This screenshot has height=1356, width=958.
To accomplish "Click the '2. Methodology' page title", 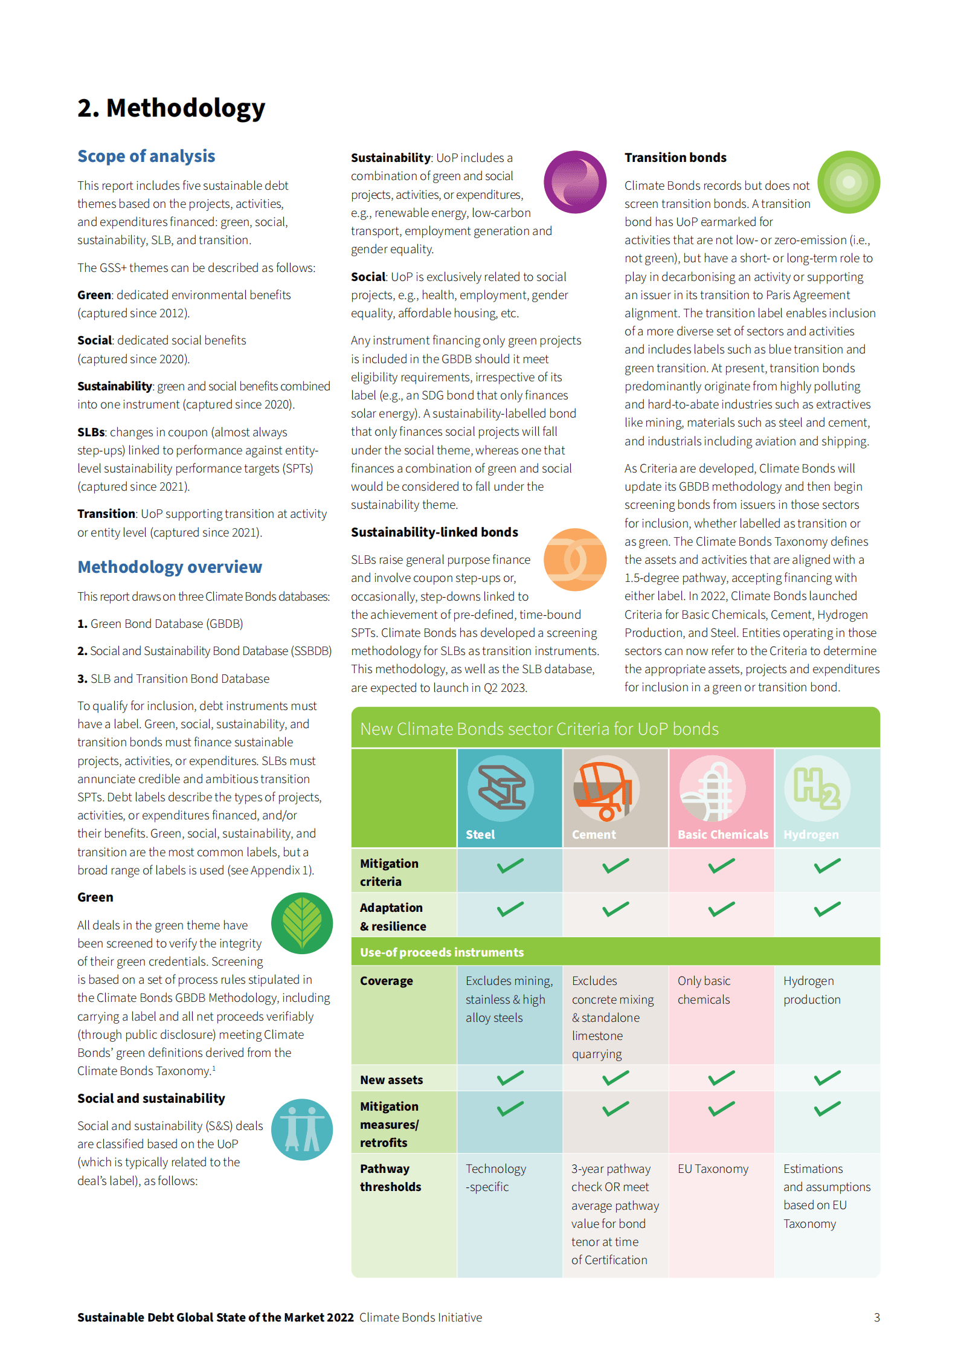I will click(x=171, y=108).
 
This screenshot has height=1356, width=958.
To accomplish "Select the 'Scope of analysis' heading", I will click(x=146, y=156).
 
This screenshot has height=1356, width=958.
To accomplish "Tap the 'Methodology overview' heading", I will click(x=170, y=567).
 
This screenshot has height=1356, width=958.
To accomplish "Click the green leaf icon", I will click(x=302, y=923).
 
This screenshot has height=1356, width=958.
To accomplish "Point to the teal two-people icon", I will click(x=302, y=1129).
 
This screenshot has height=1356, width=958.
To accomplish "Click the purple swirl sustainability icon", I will click(x=574, y=182).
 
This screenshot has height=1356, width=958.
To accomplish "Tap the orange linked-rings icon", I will click(x=574, y=559).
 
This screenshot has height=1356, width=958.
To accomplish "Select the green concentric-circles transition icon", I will click(x=848, y=182).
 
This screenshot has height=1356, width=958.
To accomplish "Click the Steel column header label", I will click(x=480, y=835).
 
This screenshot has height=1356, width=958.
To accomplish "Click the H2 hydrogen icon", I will click(x=817, y=789).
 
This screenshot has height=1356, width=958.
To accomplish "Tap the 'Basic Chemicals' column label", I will click(x=722, y=835).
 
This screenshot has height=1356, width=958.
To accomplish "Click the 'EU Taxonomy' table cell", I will click(x=713, y=1169).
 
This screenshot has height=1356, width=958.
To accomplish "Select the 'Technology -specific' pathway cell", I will click(x=495, y=1178).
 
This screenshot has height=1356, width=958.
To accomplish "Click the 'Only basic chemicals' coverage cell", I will click(x=704, y=990).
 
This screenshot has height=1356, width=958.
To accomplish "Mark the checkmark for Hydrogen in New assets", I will click(x=827, y=1078).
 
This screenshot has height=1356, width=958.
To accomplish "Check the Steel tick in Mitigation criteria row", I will click(x=510, y=866).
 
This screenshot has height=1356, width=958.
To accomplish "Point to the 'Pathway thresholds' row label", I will click(x=390, y=1178).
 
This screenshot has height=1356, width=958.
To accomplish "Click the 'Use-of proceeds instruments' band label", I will click(x=442, y=952).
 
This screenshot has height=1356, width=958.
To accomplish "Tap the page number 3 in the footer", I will click(x=876, y=1317).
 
